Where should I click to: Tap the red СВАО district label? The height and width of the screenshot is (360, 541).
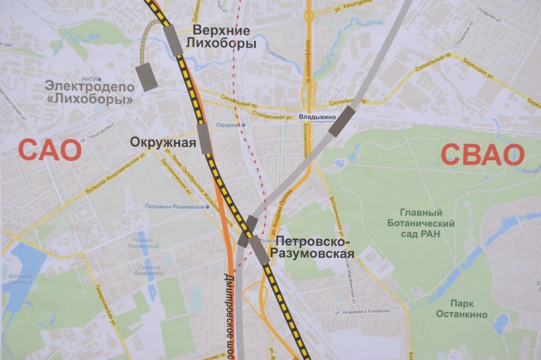(x=482, y=155)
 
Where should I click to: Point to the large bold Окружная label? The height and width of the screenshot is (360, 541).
(x=163, y=143)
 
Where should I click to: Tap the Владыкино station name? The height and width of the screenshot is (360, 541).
(x=317, y=117)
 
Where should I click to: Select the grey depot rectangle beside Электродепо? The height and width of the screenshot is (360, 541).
(x=146, y=77)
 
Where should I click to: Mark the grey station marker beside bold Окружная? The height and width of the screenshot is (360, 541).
(x=205, y=138)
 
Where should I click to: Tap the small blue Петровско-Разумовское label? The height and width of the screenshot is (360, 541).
(x=174, y=207)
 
